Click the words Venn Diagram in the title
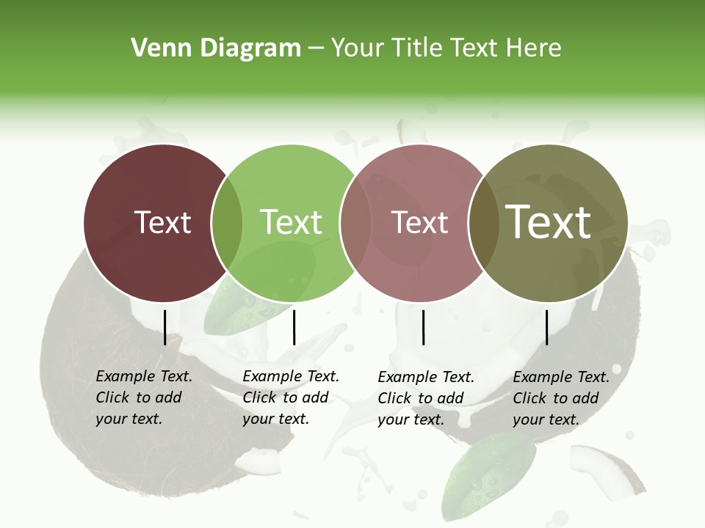216,48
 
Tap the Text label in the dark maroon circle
162,222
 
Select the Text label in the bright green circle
291,222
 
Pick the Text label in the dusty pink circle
419,222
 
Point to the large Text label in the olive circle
549,222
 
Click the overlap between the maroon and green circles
227,222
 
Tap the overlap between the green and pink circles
355,222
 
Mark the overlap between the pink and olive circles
484,222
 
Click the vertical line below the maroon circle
164,327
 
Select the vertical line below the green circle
294,327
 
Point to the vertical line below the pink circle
423,327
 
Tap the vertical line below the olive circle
546,327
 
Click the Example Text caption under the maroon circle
144,397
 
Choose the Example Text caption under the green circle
291,397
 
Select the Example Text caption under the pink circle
426,398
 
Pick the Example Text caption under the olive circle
561,398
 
